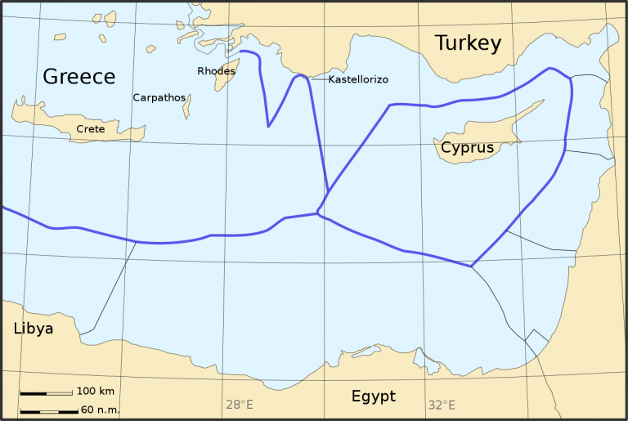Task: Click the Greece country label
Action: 78,77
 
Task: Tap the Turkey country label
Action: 467,43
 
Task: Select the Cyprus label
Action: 467,148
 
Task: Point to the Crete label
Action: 90,129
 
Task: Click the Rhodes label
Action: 216,71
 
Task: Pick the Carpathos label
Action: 157,97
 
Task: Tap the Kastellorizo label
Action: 357,79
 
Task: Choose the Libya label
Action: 33,329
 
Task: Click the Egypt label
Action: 373,396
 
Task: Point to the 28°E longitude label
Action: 239,405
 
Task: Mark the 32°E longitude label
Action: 441,405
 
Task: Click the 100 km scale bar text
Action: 96,392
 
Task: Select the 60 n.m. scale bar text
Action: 100,410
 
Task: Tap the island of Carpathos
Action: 187,105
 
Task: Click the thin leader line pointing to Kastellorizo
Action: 317,78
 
